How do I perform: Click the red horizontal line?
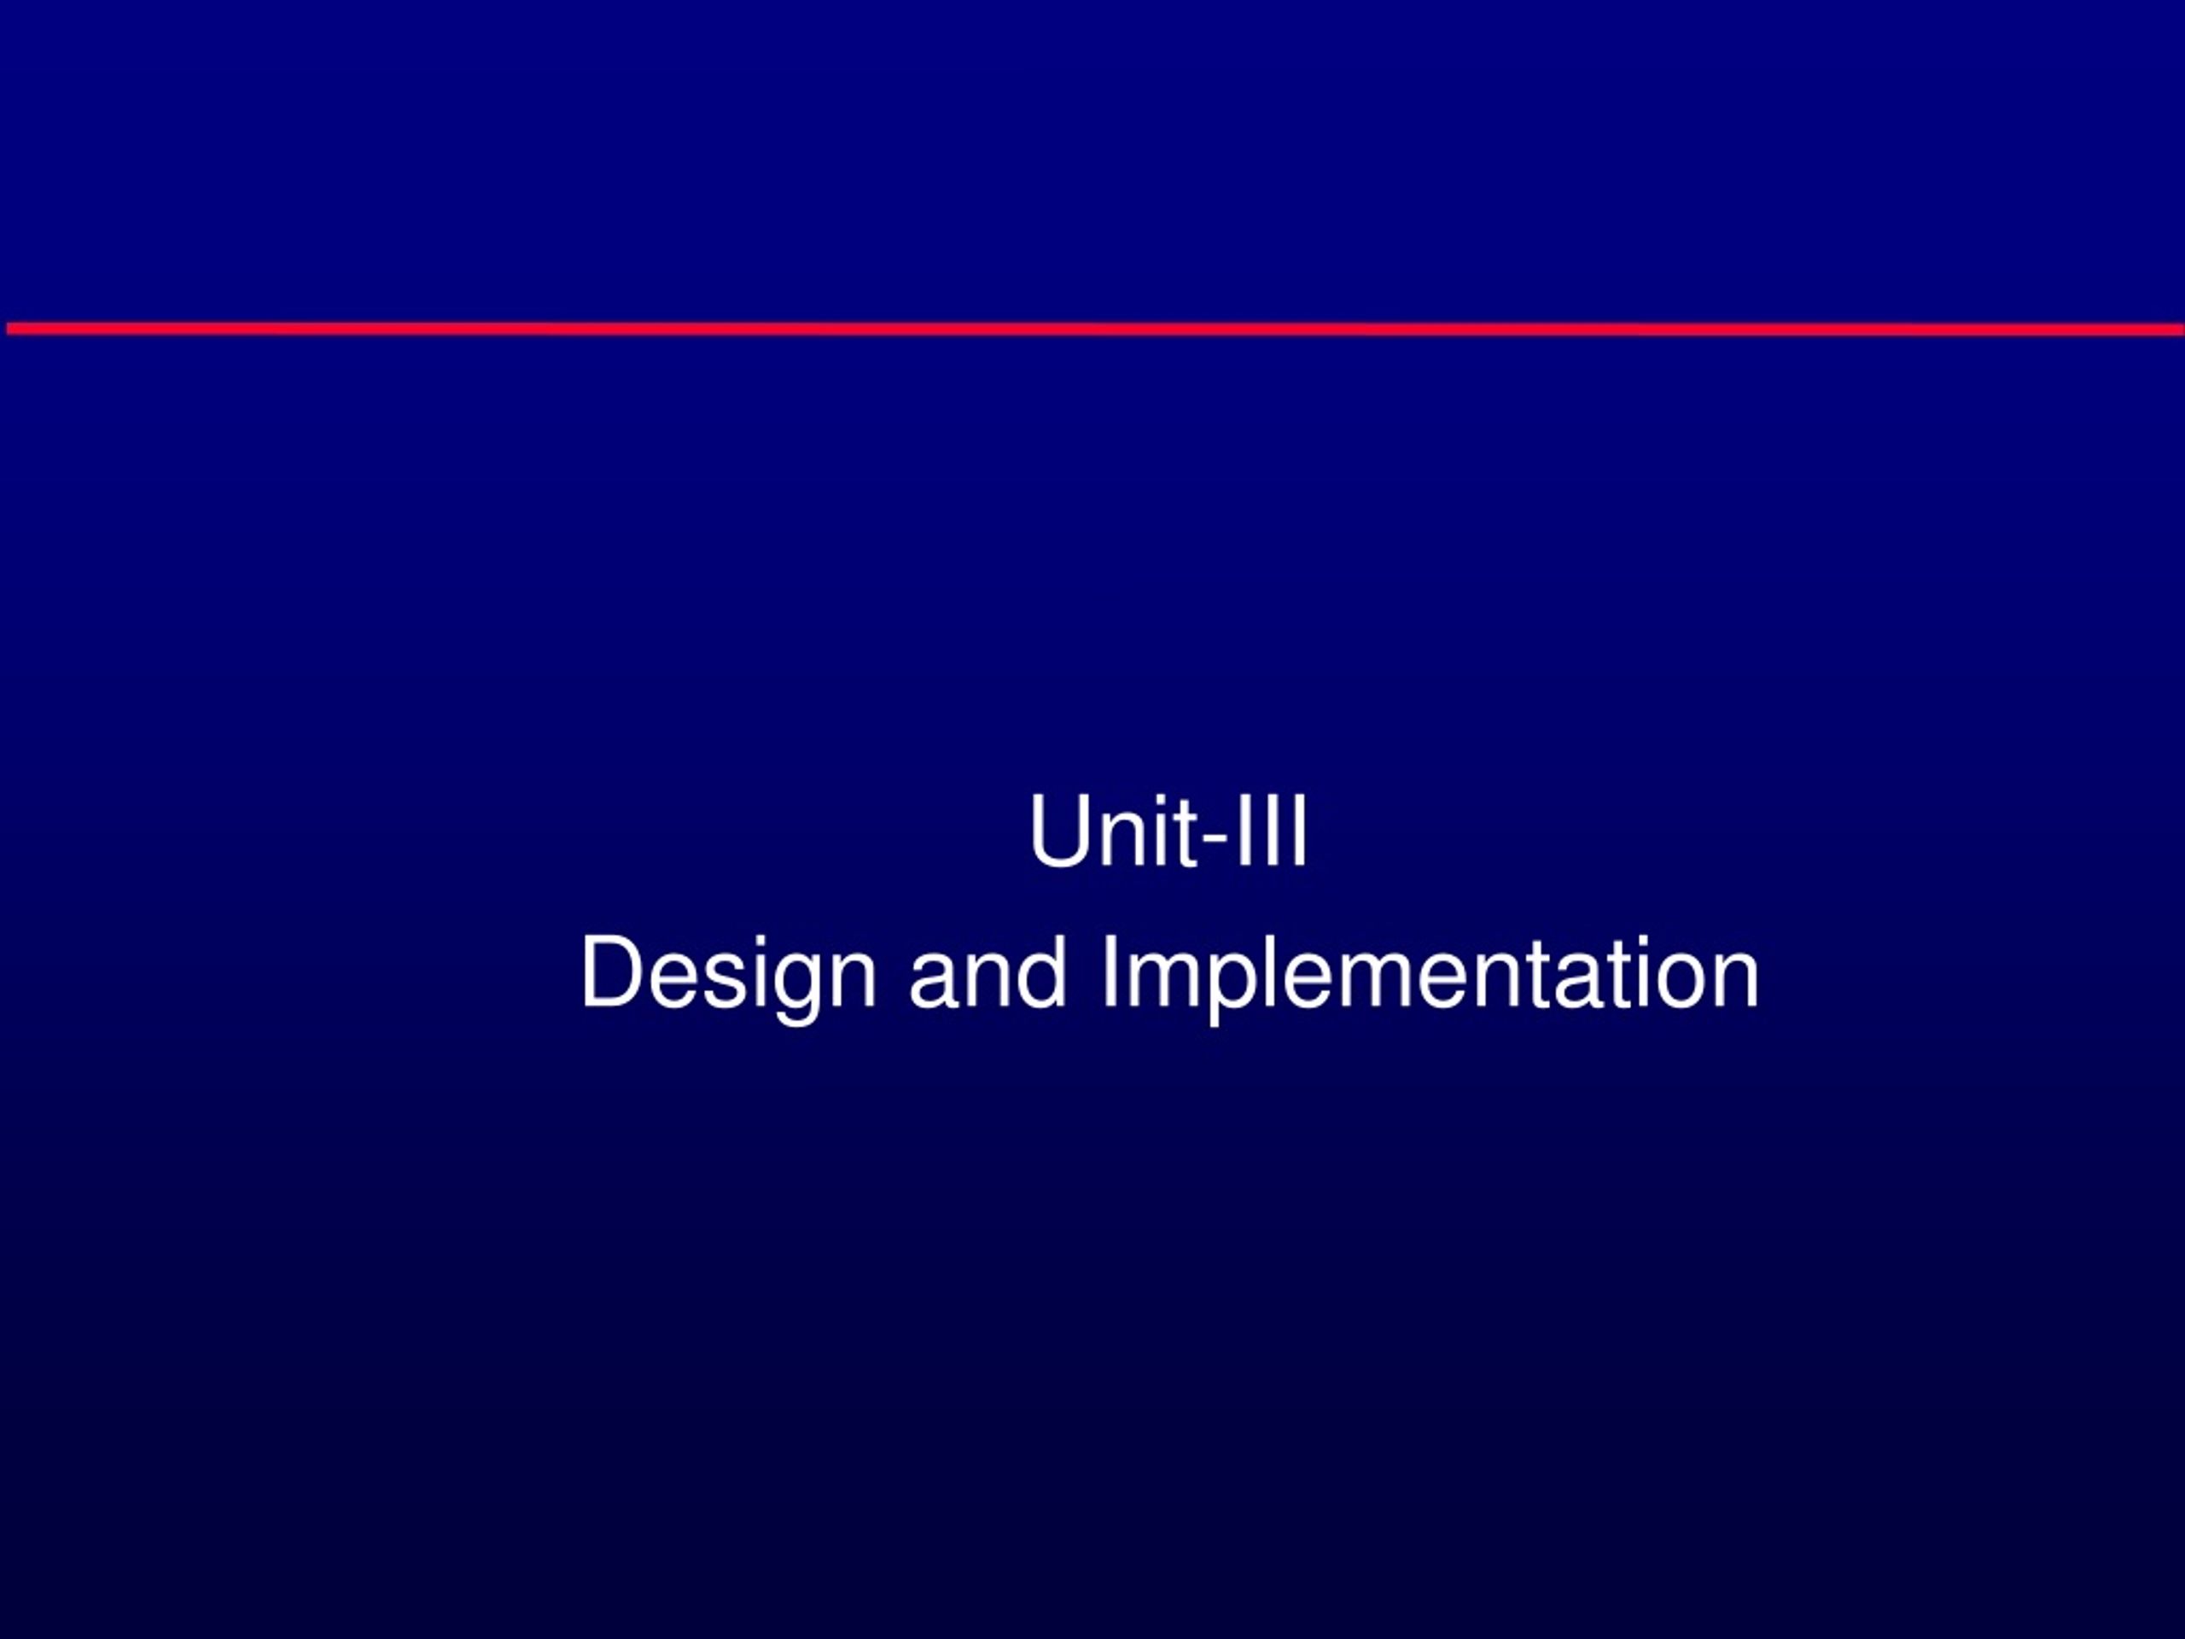pos(1094,329)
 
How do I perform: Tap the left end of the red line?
pos(7,329)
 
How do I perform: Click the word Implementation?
pos(1430,973)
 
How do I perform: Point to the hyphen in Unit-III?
pos(1213,842)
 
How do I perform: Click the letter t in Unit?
pos(1183,835)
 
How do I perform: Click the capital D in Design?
pos(613,972)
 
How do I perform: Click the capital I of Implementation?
pos(1110,972)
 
